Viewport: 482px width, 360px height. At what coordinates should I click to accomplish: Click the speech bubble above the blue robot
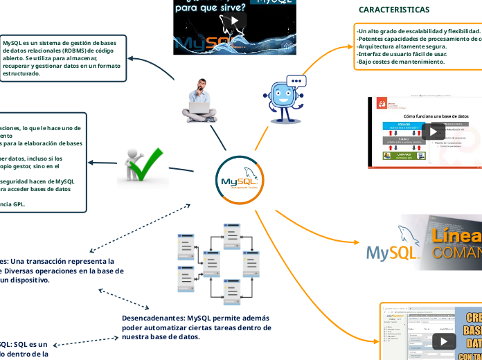tap(296, 81)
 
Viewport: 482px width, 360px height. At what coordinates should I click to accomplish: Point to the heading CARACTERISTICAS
tap(393, 10)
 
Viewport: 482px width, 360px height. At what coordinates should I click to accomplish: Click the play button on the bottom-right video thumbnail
tap(443, 341)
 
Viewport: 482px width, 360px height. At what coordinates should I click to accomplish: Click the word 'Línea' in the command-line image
tap(456, 236)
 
